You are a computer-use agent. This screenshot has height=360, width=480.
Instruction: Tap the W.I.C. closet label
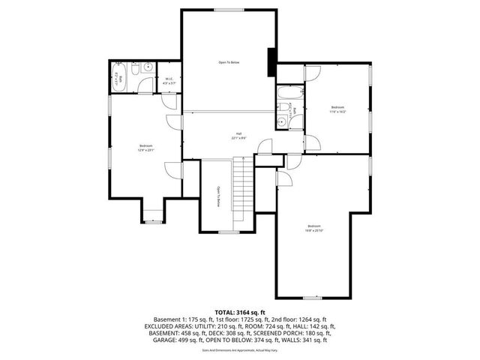(169, 81)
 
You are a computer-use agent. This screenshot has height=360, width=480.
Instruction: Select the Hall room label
(238, 136)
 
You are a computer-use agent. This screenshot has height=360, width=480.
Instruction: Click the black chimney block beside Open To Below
(271, 61)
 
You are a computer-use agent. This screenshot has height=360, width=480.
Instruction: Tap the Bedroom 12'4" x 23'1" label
(145, 148)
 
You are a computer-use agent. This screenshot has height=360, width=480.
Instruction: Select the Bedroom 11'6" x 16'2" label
(337, 109)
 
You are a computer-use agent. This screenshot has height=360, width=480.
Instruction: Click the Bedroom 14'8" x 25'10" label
(313, 228)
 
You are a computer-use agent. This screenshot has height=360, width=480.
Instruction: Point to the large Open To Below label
(229, 61)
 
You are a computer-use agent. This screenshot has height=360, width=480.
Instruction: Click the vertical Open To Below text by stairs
(218, 196)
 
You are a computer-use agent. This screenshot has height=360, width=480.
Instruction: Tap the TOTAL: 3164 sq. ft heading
(240, 312)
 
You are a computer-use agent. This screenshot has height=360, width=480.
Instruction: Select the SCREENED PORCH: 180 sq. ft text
(299, 332)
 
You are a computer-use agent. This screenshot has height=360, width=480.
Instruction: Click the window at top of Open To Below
(228, 10)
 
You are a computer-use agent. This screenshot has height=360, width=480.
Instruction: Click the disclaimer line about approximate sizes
(240, 349)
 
